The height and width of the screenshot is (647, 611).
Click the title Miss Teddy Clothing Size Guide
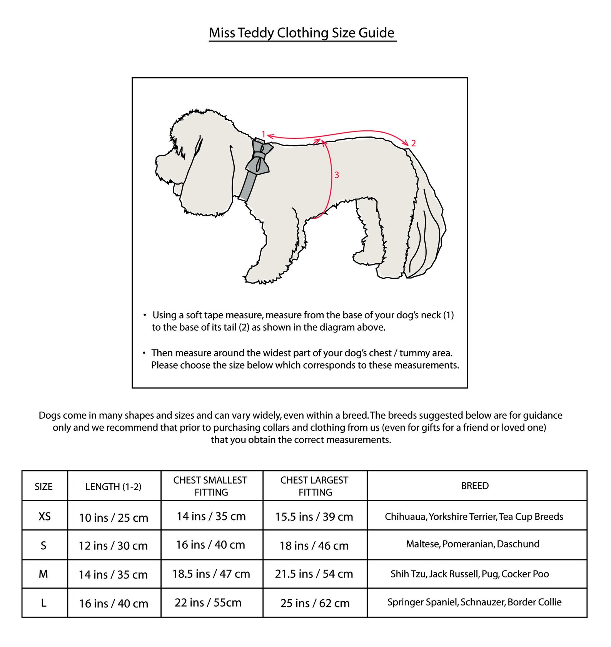click(x=302, y=33)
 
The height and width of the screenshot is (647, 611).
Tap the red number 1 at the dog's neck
click(x=263, y=134)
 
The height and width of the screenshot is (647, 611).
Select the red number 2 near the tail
click(x=413, y=143)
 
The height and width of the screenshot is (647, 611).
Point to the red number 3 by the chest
click(x=337, y=175)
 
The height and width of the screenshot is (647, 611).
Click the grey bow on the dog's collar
click(x=259, y=158)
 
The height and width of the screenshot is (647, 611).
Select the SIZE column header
click(x=43, y=486)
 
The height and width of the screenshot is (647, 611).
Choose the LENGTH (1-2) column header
click(x=113, y=487)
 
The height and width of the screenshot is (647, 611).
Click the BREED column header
click(x=475, y=486)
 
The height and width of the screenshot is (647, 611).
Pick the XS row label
click(x=45, y=516)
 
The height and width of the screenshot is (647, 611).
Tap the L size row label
click(x=43, y=603)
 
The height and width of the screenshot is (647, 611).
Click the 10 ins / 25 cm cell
click(x=114, y=518)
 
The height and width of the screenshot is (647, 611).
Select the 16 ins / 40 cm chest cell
click(x=210, y=545)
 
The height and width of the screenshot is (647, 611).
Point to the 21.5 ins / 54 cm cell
click(x=314, y=574)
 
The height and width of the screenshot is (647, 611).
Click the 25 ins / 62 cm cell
click(x=315, y=603)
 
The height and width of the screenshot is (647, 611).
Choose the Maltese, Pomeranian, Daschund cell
click(x=473, y=544)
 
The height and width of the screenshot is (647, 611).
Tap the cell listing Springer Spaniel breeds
click(x=474, y=602)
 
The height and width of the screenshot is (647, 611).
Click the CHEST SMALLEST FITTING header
click(x=210, y=486)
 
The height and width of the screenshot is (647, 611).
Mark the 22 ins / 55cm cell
click(x=208, y=602)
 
